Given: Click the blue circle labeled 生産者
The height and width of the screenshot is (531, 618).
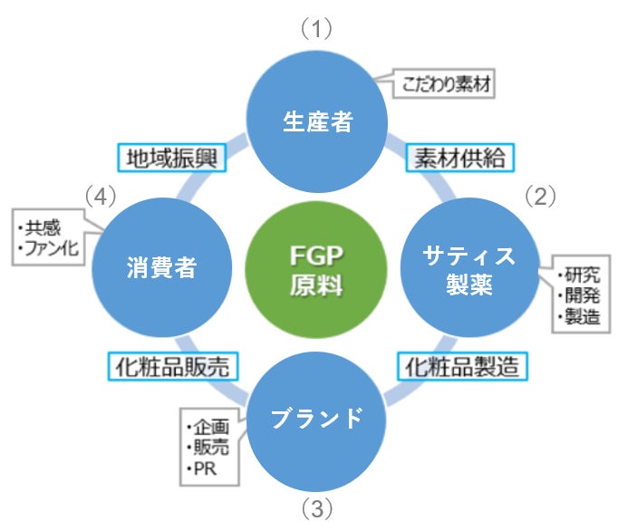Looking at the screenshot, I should pos(317,123).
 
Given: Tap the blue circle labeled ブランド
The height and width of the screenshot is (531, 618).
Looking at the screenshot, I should pos(317,418).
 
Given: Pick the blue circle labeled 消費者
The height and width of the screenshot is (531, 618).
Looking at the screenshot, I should pos(160,268).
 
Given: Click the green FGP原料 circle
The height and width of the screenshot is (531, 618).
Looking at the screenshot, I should pos(315,268).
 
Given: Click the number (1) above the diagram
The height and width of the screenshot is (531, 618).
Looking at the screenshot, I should pos(317,29).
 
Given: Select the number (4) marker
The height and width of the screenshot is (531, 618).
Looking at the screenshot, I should pos(101,195).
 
